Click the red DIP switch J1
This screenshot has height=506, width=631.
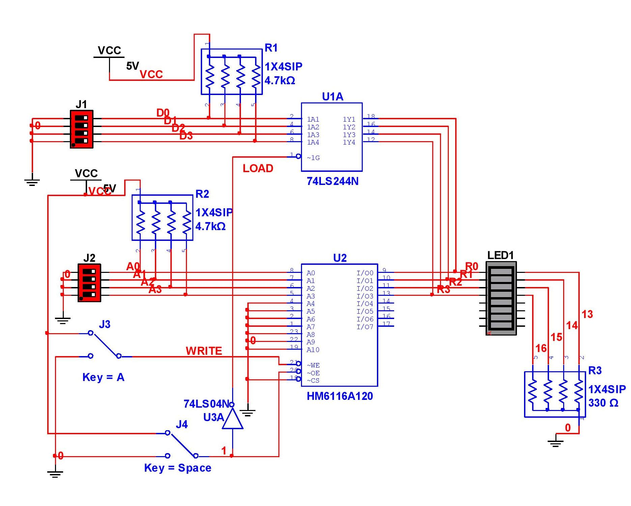[81, 129]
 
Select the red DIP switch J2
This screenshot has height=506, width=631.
[89, 283]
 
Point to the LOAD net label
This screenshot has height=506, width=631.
[258, 168]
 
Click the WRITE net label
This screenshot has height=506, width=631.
[204, 351]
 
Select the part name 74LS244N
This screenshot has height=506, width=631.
[332, 182]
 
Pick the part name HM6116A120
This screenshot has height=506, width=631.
[340, 396]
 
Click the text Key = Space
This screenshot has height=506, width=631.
[177, 468]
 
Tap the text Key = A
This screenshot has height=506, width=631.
[103, 377]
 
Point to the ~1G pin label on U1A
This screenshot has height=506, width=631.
[313, 158]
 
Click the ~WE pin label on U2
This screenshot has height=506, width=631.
[313, 366]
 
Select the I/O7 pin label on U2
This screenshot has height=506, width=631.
[365, 327]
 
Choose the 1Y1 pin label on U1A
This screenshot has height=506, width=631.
[349, 120]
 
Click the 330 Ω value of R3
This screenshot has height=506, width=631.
[603, 403]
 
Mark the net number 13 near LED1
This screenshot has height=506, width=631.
[587, 314]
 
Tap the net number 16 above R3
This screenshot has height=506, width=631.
[541, 348]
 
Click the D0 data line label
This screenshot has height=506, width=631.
[163, 113]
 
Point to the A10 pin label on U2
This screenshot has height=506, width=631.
[313, 350]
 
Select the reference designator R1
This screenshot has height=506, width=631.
[271, 48]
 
